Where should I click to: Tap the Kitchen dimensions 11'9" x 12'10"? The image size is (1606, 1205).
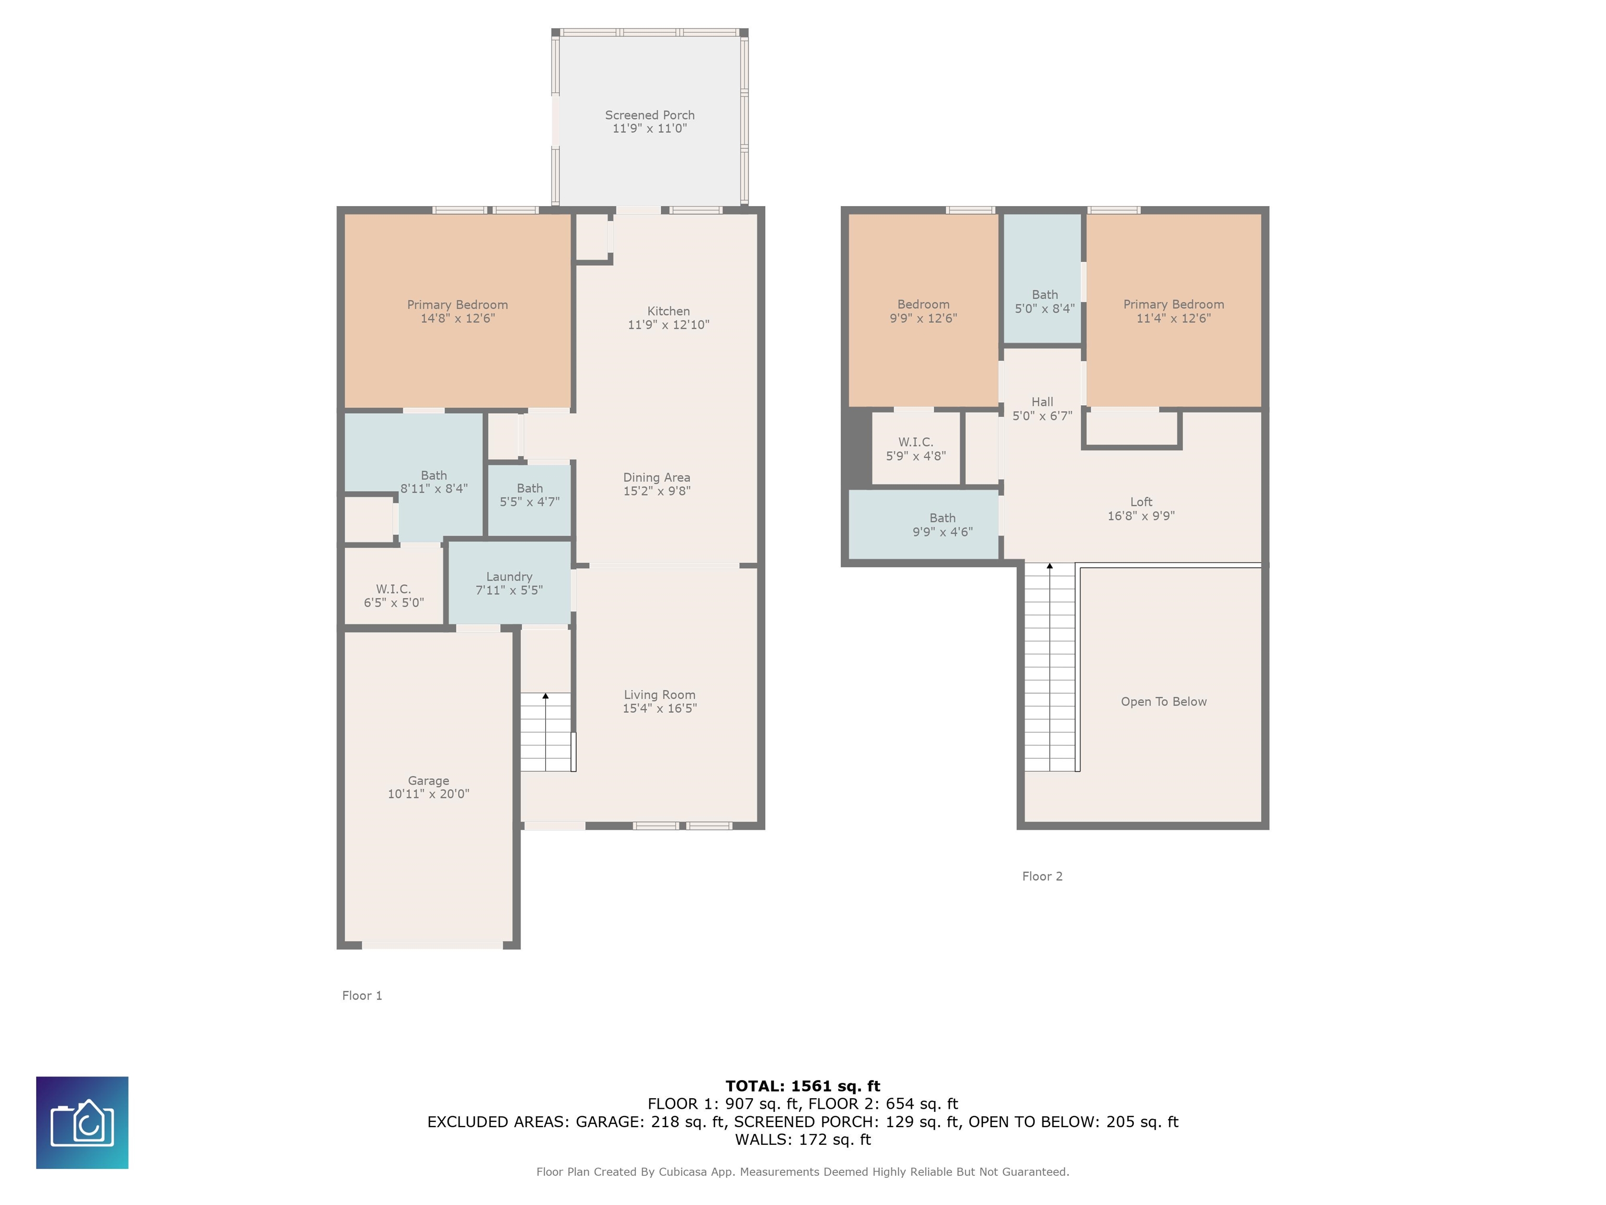click(668, 325)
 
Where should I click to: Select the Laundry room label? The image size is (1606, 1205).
click(509, 577)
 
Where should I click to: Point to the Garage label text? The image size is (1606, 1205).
click(428, 781)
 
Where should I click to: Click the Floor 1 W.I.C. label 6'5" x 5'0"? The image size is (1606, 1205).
click(394, 602)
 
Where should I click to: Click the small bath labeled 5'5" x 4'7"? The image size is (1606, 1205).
click(529, 495)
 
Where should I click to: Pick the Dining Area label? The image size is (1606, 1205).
click(656, 477)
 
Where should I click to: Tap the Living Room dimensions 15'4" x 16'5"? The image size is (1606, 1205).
click(659, 708)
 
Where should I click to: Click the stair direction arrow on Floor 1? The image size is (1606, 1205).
click(545, 696)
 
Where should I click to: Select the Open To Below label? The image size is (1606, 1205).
click(1163, 702)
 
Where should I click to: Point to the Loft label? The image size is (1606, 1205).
click(1141, 502)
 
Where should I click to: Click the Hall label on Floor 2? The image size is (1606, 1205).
click(1042, 402)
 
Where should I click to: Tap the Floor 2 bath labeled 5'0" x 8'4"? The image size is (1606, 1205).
click(1044, 301)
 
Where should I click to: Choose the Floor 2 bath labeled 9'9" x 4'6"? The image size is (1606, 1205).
click(943, 525)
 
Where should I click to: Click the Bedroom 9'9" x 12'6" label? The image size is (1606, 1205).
click(923, 311)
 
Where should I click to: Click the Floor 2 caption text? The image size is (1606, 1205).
click(1042, 876)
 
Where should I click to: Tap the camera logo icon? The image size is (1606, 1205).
click(82, 1122)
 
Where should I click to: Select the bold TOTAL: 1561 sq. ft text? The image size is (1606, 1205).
click(802, 1086)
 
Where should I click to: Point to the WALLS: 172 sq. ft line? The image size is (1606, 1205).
click(802, 1139)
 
